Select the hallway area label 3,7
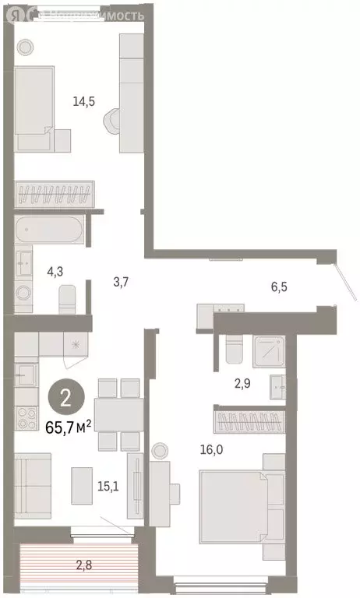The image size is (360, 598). (120, 282)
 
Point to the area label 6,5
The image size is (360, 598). (280, 287)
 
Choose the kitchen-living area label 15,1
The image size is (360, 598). (106, 487)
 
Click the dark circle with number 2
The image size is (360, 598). (65, 399)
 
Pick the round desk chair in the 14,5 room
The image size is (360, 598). (115, 120)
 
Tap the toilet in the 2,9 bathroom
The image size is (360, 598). (235, 352)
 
